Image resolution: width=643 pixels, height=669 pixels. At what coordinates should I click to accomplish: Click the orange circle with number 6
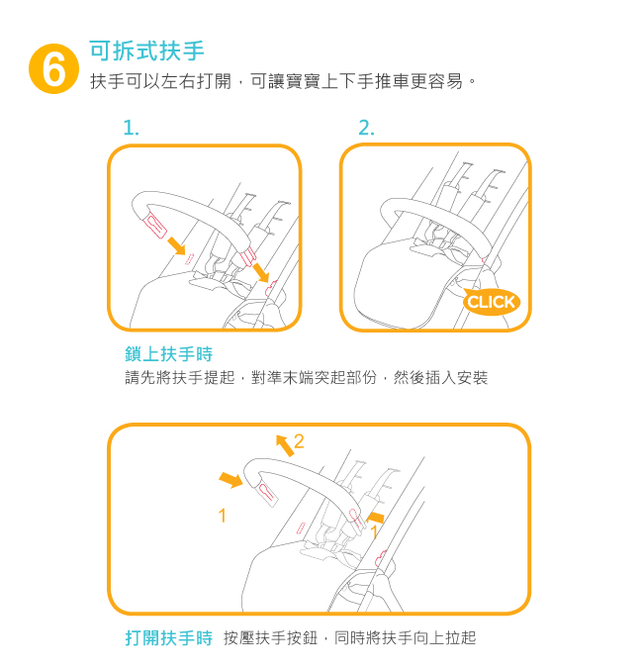[x=53, y=68]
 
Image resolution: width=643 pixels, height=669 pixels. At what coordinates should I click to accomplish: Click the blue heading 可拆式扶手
[x=147, y=50]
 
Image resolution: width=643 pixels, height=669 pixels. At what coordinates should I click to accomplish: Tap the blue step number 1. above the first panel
[x=131, y=128]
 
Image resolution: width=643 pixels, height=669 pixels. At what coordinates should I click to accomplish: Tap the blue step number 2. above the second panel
[x=367, y=128]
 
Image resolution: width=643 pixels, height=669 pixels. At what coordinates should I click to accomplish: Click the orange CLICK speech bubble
[x=492, y=302]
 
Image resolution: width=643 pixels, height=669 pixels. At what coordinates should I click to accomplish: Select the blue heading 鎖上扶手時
[x=169, y=354]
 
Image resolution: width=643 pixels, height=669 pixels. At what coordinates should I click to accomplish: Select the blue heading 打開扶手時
[x=169, y=638]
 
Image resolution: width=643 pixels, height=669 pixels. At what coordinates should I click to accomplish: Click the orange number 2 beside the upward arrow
[x=299, y=441]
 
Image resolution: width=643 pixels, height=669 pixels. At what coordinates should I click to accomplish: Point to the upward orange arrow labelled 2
[x=285, y=445]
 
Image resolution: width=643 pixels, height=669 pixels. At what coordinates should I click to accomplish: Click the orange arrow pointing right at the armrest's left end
[x=230, y=480]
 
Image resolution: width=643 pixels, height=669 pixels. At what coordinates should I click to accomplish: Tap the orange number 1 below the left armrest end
[x=223, y=516]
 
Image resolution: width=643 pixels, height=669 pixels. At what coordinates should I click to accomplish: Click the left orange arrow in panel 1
[x=176, y=245]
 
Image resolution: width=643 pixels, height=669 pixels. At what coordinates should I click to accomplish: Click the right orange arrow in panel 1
[x=261, y=272]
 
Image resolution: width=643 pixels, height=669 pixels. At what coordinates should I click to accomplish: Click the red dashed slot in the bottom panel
[x=301, y=527]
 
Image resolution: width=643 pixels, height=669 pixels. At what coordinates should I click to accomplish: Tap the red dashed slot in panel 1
[x=189, y=259]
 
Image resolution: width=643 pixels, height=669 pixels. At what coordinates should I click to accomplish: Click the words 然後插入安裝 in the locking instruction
[x=440, y=378]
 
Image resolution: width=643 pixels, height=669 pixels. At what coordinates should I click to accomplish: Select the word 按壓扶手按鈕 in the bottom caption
[x=271, y=638]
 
